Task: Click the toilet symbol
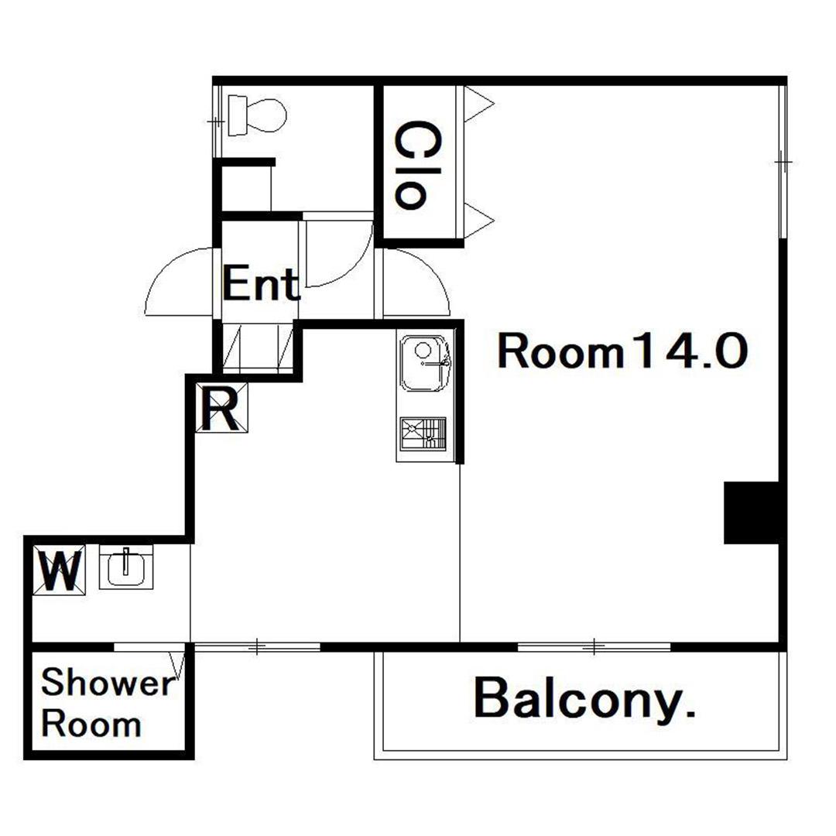click(x=256, y=115)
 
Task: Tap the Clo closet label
click(x=412, y=163)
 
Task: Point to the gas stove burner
click(x=423, y=433)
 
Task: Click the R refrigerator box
click(x=221, y=408)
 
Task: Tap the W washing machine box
click(x=60, y=570)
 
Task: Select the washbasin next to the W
click(x=126, y=567)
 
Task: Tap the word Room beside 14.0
click(x=560, y=352)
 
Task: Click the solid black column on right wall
click(x=752, y=512)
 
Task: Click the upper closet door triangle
click(x=478, y=104)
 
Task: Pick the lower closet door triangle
click(x=478, y=220)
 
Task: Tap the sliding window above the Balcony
click(x=594, y=647)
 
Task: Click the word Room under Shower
click(x=91, y=725)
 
